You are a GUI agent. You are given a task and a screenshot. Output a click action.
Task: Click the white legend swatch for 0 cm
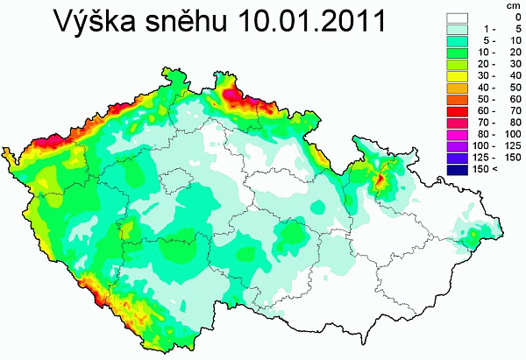coord(458,16)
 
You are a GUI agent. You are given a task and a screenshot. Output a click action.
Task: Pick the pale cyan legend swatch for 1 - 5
coord(458,28)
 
